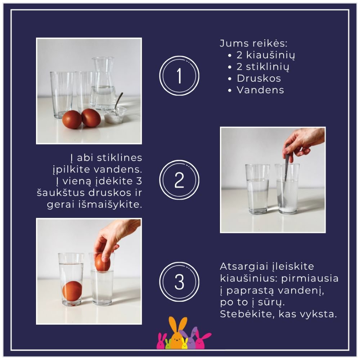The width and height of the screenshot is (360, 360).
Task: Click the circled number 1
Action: point(179,76)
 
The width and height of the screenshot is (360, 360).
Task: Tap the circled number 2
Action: point(179,180)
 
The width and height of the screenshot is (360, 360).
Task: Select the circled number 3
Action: point(179,282)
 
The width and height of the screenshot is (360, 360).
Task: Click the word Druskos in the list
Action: point(259,78)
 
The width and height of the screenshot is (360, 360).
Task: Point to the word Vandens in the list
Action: point(260,90)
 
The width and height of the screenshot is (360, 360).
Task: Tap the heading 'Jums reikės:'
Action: point(253,44)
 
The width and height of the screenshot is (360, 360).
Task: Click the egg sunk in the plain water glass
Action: point(72,291)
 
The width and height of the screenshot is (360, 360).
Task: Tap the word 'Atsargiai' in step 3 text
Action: point(244,267)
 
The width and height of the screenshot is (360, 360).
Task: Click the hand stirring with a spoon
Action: point(303,142)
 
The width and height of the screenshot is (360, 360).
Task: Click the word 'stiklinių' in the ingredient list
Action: point(267,67)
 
